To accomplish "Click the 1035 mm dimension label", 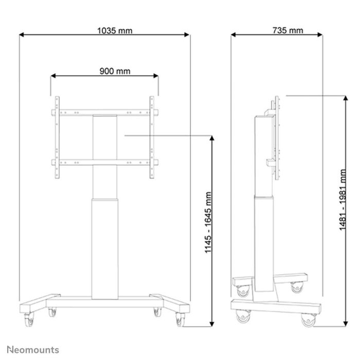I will [114, 30].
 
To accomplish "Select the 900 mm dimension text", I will [114, 71].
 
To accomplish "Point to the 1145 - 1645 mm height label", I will [208, 222].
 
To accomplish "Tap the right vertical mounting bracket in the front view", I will [152, 138].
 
